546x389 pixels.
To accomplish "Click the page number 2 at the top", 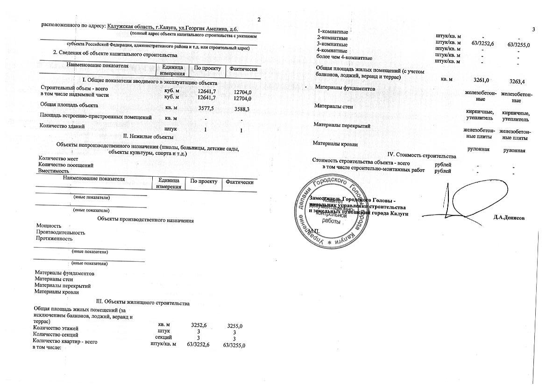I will coord(259,19).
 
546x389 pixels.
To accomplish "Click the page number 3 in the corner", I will coord(533,30).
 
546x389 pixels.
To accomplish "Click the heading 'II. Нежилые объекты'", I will coord(148,137).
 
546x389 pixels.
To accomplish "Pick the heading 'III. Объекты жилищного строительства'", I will coord(142,303).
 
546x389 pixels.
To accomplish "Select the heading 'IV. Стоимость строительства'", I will coord(422,155).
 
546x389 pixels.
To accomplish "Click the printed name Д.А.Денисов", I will coord(509,218).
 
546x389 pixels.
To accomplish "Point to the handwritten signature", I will coord(472,199).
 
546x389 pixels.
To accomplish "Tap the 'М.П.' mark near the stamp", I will coord(313,231).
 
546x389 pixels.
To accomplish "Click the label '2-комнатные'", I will coord(332,37).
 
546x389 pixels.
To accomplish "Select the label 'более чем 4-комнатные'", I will coord(344,58).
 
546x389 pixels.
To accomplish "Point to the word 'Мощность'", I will coord(49,226).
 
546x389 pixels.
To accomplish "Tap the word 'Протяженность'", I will coord(54,238).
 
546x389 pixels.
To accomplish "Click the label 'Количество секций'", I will coord(56,335).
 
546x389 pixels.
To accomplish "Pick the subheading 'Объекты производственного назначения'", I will coord(145,220).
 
